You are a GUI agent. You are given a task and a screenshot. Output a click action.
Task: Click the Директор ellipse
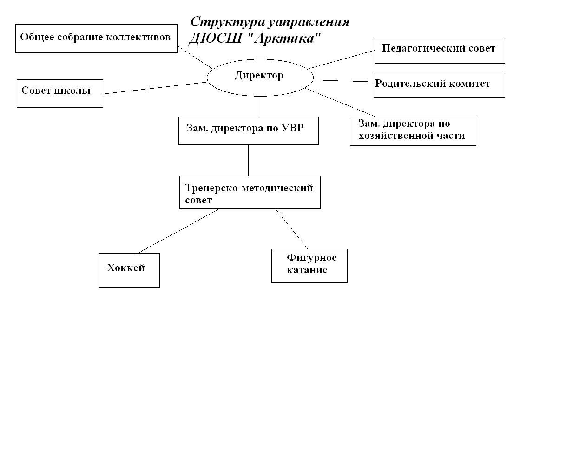pos(260,78)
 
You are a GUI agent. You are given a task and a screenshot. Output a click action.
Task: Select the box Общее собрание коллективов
pos(96,39)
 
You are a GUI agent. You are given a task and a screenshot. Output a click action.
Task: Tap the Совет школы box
pos(59,93)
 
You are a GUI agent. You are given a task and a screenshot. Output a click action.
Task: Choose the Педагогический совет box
pos(439,51)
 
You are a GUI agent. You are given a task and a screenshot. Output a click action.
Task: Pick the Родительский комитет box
pos(439,85)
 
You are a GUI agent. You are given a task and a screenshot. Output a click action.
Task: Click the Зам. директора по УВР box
pos(248,130)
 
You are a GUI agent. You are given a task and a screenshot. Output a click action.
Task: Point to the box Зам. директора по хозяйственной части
pos(413,131)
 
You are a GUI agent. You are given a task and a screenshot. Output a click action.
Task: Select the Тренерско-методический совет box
pos(250,192)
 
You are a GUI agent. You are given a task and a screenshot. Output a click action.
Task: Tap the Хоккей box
pos(129,270)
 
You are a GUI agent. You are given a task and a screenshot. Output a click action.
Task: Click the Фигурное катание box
pos(309,266)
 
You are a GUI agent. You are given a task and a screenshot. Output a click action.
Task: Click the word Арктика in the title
pos(285,39)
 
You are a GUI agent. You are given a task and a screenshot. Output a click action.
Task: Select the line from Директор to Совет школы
pos(155,88)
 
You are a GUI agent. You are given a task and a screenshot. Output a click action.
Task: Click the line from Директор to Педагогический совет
pos(341,60)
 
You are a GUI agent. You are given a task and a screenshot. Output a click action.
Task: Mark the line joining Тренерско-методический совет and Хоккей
pos(178,231)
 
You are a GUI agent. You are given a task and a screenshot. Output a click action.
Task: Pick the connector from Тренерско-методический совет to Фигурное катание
pos(291,228)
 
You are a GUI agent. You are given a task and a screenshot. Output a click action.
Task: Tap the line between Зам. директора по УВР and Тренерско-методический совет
pos(248,160)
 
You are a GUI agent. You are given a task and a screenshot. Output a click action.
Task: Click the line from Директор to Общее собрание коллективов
pos(195,58)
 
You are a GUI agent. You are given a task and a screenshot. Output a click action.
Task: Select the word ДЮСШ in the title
pos(215,39)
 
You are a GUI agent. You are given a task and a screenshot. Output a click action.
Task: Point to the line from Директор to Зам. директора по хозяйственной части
pos(340,102)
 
